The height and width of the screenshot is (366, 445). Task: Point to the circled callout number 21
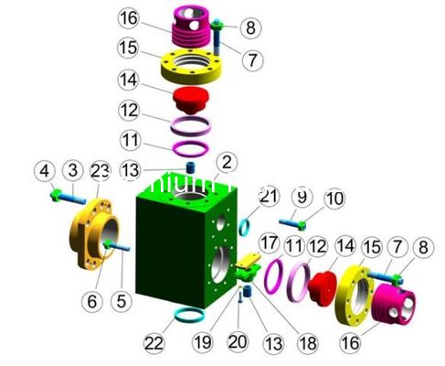(268, 196)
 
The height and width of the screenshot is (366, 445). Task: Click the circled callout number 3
(70, 171)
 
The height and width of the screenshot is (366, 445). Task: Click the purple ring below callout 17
(272, 274)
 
